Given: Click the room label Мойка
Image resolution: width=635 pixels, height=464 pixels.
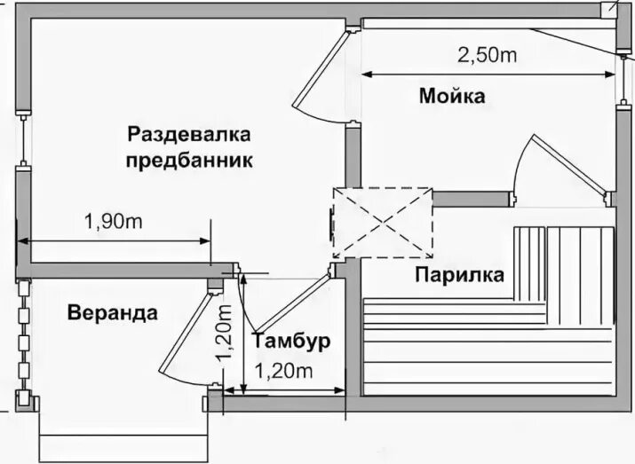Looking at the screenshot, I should click(x=452, y=96).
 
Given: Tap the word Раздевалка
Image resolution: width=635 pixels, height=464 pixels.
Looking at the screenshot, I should click(x=189, y=136).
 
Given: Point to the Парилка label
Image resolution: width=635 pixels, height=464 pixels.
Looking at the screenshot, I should click(x=459, y=274).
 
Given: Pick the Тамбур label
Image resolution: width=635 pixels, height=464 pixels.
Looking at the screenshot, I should click(x=291, y=341).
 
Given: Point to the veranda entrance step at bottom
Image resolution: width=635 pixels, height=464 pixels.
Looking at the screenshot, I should click(x=123, y=444).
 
